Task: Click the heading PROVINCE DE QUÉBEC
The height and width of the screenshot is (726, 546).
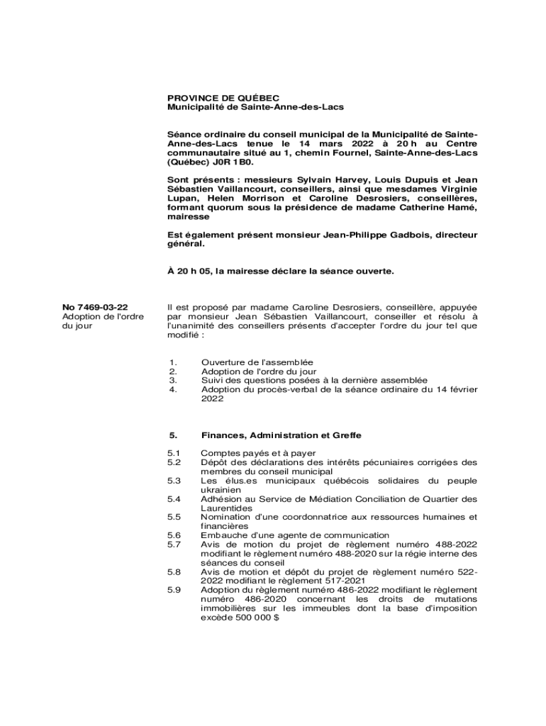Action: pyautogui.click(x=223, y=98)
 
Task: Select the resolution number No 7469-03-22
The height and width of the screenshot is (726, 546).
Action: pyautogui.click(x=95, y=307)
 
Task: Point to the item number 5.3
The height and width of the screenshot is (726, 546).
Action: pyautogui.click(x=174, y=481)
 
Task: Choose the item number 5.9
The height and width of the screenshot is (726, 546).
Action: pyautogui.click(x=174, y=590)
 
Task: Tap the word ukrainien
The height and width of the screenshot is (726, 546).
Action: pyautogui.click(x=221, y=490)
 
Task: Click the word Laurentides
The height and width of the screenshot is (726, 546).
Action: pyautogui.click(x=227, y=508)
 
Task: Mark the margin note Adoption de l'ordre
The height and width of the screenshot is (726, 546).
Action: pyautogui.click(x=104, y=316)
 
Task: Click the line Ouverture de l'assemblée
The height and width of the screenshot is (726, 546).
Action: pyautogui.click(x=257, y=362)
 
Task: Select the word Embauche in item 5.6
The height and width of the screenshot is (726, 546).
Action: pyautogui.click(x=221, y=535)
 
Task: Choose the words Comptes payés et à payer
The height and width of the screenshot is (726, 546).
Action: pyautogui.click(x=258, y=453)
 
